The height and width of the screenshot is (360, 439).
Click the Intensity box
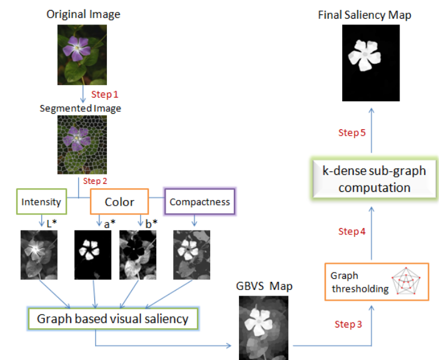pos(41,202)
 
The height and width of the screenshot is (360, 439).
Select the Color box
pos(119,202)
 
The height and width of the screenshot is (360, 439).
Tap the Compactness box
pos(199,202)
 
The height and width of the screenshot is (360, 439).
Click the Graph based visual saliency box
pos(113,319)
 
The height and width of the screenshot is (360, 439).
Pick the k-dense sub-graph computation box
pos(375,179)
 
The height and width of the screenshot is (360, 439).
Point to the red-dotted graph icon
pos(406,281)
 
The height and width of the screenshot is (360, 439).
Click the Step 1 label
pos(104,94)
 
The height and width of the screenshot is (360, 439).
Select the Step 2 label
pos(95,181)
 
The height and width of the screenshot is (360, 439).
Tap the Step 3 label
pos(348,324)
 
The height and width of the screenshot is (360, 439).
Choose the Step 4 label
pos(352,231)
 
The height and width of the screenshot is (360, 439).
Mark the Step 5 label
pos(352,132)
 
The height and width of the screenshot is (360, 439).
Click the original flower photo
pos(82,55)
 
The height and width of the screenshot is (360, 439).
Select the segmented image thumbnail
pos(82,144)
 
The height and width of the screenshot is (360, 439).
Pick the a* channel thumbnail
pos(93,255)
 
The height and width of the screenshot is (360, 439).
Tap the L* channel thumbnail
pos(39,255)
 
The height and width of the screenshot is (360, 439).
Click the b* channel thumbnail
pos(138,255)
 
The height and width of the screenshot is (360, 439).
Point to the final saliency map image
pos(371,63)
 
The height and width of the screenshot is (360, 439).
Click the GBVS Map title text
pos(265,286)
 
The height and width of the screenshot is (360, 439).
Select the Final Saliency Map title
pos(365,15)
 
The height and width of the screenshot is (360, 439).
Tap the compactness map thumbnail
pos(191,255)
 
